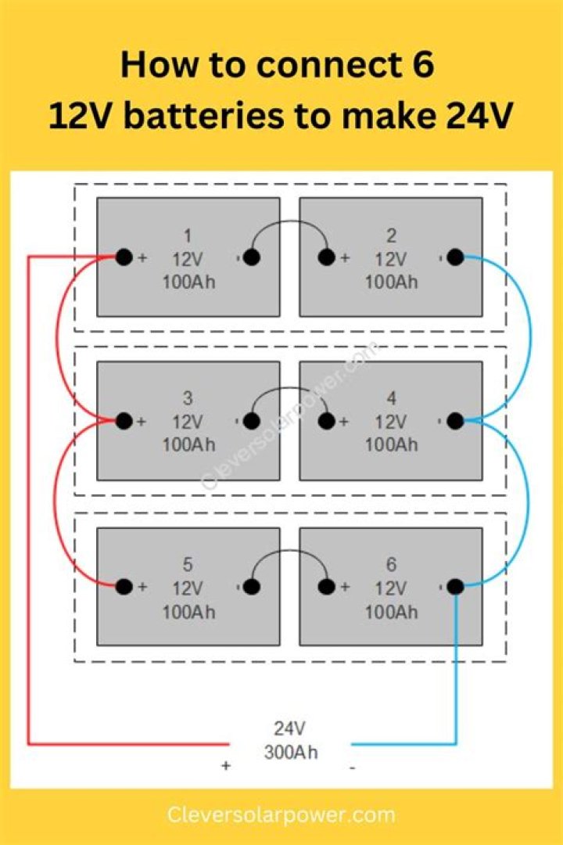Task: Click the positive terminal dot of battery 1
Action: pyautogui.click(x=124, y=257)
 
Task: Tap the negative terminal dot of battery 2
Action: pyautogui.click(x=455, y=257)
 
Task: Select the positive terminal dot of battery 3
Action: pyautogui.click(x=124, y=420)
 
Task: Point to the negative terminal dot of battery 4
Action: pyautogui.click(x=455, y=420)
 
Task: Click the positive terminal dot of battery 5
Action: pyautogui.click(x=124, y=586)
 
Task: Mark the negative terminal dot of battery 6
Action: pyautogui.click(x=455, y=586)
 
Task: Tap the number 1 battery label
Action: pyautogui.click(x=188, y=236)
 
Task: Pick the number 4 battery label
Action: pyautogui.click(x=391, y=398)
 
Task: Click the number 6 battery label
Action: pyautogui.click(x=391, y=564)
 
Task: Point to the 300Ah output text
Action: pyautogui.click(x=290, y=752)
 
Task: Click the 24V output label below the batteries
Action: pyautogui.click(x=290, y=728)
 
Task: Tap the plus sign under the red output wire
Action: pyautogui.click(x=226, y=765)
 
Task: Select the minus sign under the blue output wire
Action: pyautogui.click(x=353, y=767)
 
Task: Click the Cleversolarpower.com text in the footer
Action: pyautogui.click(x=281, y=814)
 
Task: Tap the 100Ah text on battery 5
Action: pyautogui.click(x=188, y=612)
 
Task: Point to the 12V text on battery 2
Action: pyautogui.click(x=391, y=259)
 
